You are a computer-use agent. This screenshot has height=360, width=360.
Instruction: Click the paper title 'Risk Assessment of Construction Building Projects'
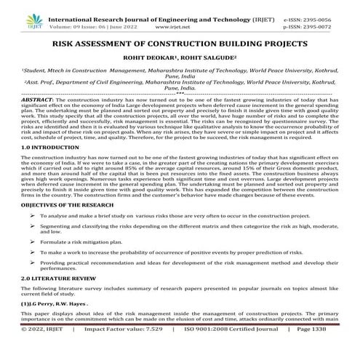[180, 44]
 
